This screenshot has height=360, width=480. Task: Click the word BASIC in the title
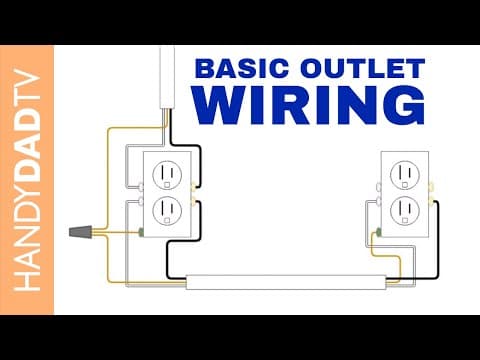pos(242,68)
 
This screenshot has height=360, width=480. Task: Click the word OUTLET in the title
pos(363,68)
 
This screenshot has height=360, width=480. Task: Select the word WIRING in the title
pos(309,105)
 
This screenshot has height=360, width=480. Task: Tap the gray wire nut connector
pos(80,232)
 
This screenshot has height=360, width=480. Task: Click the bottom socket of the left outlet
pos(167,211)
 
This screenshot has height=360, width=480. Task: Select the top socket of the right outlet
pos(405,175)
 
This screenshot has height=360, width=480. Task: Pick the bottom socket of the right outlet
pos(405,211)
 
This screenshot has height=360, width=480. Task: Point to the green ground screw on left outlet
pos(141,232)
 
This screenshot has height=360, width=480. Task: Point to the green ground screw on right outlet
pos(379,232)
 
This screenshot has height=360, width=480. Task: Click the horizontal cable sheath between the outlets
pos(286,282)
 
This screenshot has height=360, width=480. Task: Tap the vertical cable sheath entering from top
pos(167,78)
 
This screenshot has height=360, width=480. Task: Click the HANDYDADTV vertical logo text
pos(27,180)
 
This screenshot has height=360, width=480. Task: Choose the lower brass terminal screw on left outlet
pos(193,201)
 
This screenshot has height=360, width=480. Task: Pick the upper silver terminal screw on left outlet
pos(141,187)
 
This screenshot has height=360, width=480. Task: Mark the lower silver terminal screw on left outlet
pos(141,201)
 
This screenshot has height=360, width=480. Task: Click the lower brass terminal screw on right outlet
pos(431,201)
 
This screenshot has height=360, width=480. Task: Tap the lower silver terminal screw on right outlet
pos(379,201)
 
